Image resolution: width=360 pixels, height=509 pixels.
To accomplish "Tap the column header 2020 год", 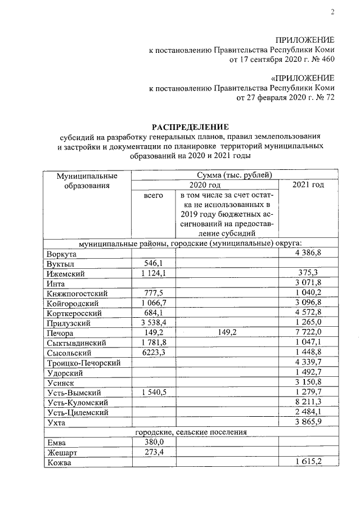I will pos(205,184).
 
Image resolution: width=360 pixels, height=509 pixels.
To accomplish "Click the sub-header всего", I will pos(153,195).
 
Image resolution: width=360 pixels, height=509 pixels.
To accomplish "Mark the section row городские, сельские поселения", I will pos(191,432).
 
